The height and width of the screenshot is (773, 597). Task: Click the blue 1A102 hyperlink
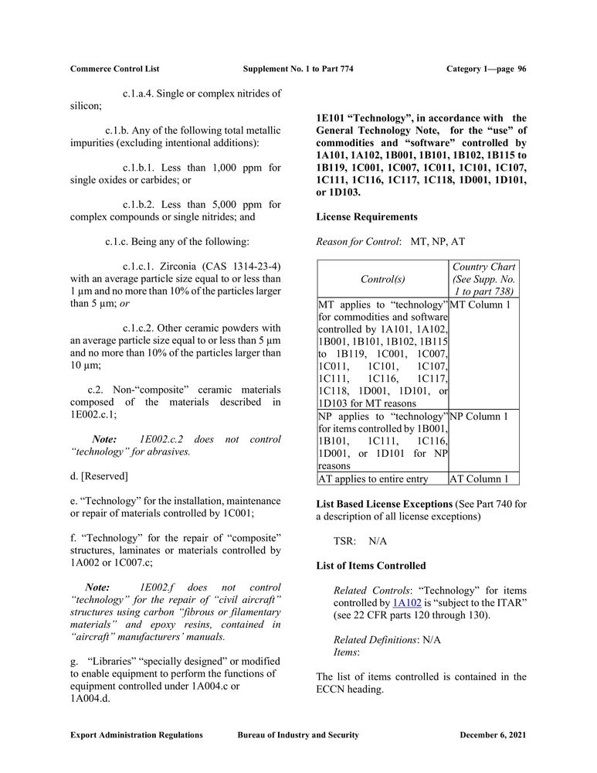406,601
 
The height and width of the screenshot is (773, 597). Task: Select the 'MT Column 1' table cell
479,305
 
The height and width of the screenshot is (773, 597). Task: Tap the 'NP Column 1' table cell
479,417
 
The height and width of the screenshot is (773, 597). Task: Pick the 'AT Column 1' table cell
479,479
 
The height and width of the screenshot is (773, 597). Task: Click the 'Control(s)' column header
382,278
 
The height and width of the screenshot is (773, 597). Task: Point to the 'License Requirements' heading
367,216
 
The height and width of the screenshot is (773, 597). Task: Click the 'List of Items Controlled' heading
371,566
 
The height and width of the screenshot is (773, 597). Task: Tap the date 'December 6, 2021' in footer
493,735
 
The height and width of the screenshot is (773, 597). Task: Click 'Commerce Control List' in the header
114,69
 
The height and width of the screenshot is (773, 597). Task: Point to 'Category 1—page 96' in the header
487,69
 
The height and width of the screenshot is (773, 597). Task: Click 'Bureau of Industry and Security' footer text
298,735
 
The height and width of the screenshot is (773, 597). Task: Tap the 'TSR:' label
344,541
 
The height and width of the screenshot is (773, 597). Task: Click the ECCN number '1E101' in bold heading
330,117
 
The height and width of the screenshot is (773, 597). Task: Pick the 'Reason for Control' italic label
358,242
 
